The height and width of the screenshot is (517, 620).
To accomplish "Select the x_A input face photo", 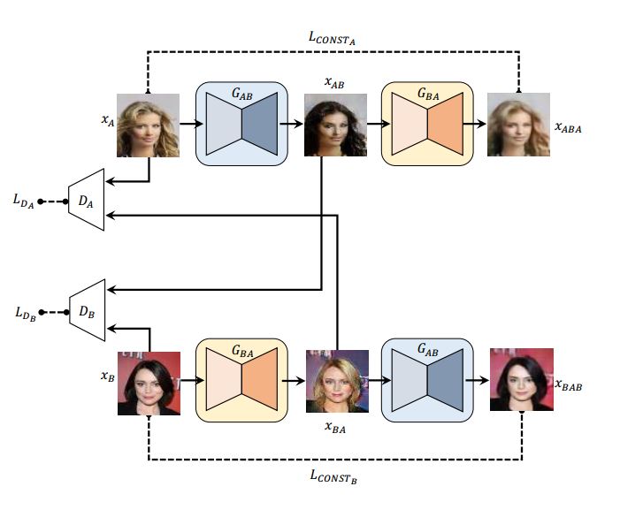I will (x=149, y=125).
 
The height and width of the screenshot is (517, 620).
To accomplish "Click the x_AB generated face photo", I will (x=335, y=125).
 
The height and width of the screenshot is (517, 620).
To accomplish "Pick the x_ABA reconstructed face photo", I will (x=519, y=125).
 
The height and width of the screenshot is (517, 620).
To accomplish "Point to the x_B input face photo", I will (x=149, y=384).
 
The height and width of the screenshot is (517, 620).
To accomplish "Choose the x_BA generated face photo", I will (x=336, y=382).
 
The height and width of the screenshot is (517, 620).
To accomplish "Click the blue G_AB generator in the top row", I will (x=241, y=124).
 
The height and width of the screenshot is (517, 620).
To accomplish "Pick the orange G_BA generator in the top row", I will (x=427, y=124).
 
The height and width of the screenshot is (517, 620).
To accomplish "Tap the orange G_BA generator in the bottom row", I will (x=241, y=381).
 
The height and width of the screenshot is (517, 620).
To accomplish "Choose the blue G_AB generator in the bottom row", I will (x=427, y=381).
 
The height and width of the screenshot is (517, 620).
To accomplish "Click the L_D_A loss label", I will (x=23, y=202).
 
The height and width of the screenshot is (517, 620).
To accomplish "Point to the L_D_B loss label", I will (x=23, y=314).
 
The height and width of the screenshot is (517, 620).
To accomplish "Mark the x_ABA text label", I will (x=568, y=127).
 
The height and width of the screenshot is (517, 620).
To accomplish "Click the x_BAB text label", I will (x=569, y=385).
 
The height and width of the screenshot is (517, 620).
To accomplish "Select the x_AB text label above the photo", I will (x=334, y=82).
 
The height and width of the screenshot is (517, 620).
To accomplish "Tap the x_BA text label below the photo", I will (x=335, y=427).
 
